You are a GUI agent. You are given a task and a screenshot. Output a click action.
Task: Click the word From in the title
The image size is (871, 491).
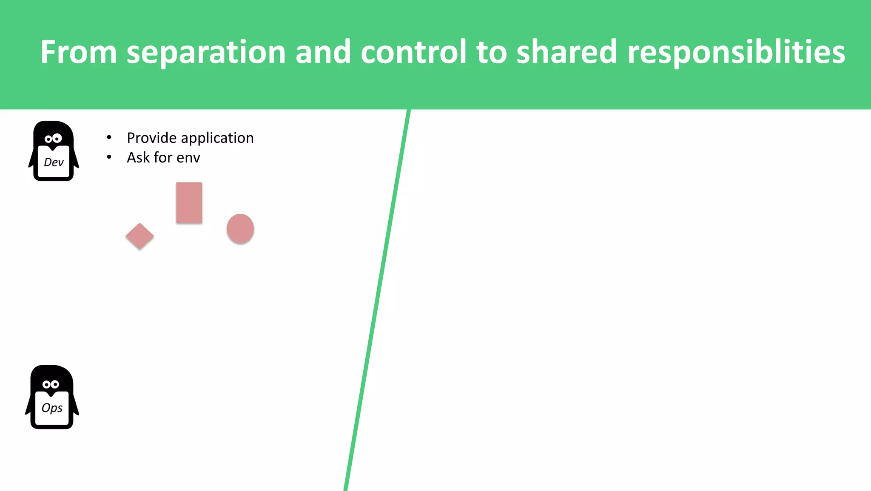tap(79, 52)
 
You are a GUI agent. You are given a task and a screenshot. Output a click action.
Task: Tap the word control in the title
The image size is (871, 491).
tap(414, 52)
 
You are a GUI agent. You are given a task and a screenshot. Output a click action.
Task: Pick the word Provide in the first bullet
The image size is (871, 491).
tap(151, 138)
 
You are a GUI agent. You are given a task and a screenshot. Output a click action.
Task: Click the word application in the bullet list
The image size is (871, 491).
tap(217, 139)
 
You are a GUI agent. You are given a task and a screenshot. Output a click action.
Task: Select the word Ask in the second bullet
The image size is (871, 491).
tap(138, 158)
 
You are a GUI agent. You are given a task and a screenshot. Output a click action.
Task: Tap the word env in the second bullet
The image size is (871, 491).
tap(188, 158)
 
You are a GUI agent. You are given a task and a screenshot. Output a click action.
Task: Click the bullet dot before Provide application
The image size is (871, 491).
tap(109, 137)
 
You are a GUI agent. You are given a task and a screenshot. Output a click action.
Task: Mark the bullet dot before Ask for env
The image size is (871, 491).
tap(109, 157)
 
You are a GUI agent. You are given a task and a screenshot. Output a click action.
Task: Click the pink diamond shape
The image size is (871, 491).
tap(139, 236)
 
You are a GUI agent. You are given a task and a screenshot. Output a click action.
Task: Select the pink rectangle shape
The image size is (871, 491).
tap(189, 203)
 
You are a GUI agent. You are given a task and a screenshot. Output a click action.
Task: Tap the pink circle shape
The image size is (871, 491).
tap(240, 229)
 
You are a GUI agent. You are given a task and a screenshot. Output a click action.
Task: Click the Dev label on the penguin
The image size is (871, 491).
tap(54, 162)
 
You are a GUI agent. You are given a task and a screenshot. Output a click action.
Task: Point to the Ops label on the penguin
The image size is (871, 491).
tap(52, 408)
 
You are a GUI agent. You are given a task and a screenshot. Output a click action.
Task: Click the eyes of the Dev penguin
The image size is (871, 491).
tap(54, 139)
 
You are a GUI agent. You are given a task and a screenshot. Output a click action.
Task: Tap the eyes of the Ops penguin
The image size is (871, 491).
tap(51, 384)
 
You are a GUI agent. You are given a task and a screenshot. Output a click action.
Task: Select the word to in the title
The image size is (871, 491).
tap(492, 52)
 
